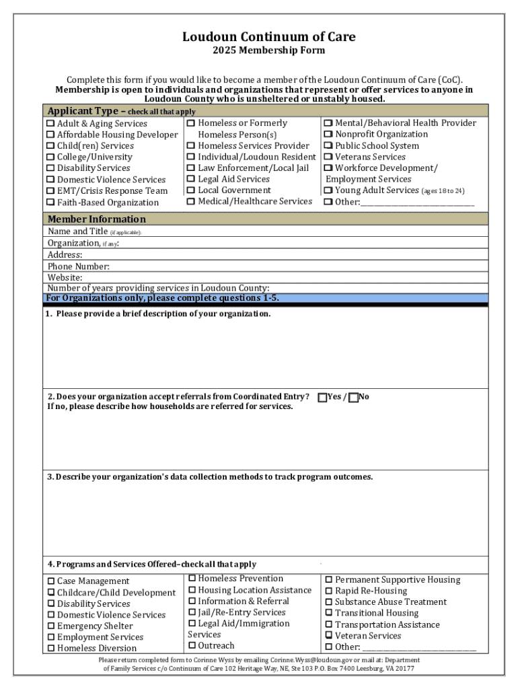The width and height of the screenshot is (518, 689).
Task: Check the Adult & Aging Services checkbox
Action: pos(50,124)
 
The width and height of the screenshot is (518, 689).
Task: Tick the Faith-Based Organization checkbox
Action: pos(50,203)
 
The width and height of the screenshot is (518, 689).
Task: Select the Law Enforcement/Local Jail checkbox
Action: pos(191,168)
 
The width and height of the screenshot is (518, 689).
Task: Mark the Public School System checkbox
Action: pos(328,146)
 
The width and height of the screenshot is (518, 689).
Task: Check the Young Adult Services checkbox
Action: pos(328,190)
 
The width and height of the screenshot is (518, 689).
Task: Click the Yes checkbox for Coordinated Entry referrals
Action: pos(322,398)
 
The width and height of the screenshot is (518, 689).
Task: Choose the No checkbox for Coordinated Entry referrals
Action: pos(353,398)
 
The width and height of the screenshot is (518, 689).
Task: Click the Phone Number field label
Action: pos(78,266)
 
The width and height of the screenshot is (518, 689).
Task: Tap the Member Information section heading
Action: pos(96,219)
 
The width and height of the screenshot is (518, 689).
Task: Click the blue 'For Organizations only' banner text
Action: pos(162,298)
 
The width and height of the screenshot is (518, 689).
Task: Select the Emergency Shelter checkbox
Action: pos(50,626)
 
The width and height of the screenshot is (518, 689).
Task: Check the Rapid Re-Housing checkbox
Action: pos(328,591)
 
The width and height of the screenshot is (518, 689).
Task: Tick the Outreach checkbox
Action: pos(192,646)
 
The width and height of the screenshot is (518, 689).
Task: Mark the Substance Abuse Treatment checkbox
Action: pos(328,602)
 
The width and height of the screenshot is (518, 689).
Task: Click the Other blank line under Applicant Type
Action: pos(417,202)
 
